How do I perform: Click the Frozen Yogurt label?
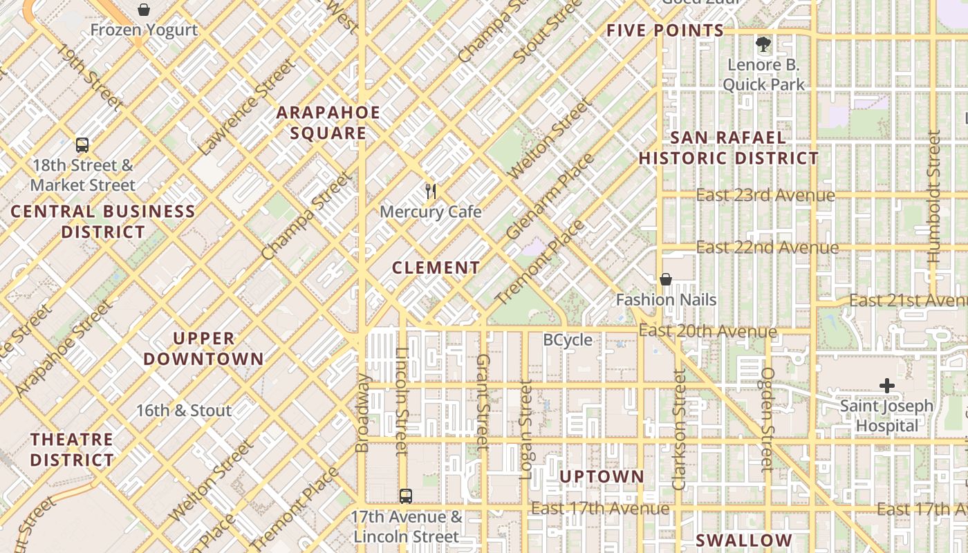144,30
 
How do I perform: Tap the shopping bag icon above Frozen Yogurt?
144,10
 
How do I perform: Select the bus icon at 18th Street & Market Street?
82,145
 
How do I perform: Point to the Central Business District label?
103,222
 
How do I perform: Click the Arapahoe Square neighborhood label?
328,123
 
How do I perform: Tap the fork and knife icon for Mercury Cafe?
431,191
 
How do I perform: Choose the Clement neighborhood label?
436,268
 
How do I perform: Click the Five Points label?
665,30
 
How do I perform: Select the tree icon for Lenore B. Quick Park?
763,45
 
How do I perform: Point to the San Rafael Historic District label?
728,148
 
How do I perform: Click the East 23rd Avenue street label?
765,196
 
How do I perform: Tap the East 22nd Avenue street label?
767,247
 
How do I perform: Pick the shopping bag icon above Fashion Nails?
666,279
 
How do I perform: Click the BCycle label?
568,340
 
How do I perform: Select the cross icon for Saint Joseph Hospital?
886,386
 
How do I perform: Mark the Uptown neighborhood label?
602,477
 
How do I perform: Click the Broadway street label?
362,413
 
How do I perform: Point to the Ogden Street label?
767,419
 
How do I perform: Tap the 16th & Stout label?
183,411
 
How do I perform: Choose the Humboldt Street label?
933,197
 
